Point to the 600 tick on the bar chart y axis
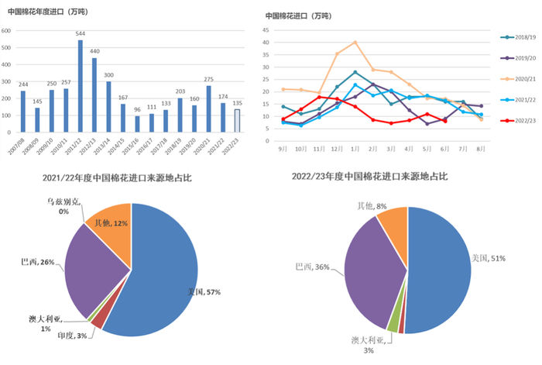click(x=6, y=31)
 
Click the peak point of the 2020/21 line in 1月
click(x=355, y=42)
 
